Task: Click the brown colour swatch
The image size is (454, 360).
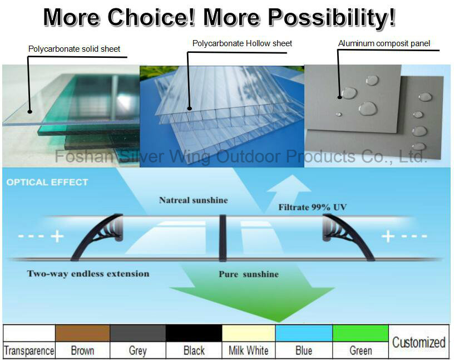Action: click(82, 333)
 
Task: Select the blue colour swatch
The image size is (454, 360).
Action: click(304, 333)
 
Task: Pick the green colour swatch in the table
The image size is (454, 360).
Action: click(361, 333)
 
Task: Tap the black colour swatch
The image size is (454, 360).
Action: click(194, 333)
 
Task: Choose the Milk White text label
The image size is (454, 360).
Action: click(249, 351)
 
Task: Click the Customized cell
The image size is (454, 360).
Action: click(419, 342)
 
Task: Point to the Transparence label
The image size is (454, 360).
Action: click(29, 351)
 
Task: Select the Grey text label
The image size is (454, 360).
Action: click(137, 351)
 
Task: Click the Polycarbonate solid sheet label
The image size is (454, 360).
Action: click(74, 49)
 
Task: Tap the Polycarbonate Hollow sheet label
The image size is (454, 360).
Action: click(242, 43)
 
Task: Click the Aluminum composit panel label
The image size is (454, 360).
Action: click(384, 43)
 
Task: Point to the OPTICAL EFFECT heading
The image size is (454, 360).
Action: click(47, 182)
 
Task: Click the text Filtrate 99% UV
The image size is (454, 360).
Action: click(313, 207)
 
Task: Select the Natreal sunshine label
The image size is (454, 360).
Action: click(194, 200)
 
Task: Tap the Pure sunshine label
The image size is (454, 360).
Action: click(249, 274)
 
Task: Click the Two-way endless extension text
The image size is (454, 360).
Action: click(88, 274)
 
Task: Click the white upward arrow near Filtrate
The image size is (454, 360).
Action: click(289, 191)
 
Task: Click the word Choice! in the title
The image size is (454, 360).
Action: click(151, 17)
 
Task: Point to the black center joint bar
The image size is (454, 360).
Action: click(223, 238)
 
